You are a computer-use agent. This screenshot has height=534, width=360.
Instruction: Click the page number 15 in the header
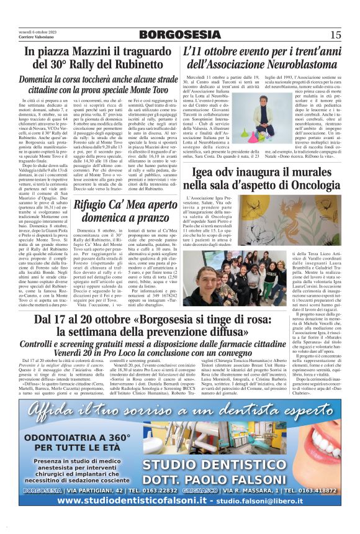(x=335, y=34)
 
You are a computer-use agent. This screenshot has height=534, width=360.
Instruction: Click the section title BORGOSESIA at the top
(x=180, y=35)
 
